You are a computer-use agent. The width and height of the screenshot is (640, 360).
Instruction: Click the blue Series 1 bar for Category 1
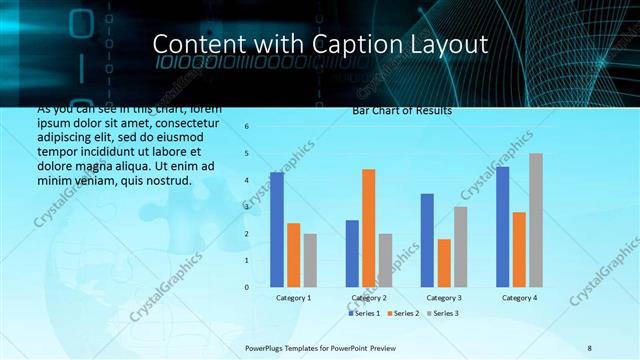[x=277, y=229]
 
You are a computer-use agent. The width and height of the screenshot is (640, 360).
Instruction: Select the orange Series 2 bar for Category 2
[x=368, y=228]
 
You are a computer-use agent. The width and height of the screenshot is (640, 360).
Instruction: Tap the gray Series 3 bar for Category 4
[x=536, y=220]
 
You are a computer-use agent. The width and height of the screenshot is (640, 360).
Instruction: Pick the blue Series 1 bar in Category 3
[x=427, y=240]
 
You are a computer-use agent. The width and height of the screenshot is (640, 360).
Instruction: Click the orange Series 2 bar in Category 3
[x=443, y=263]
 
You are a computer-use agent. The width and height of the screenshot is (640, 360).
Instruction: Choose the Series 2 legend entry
[x=402, y=313]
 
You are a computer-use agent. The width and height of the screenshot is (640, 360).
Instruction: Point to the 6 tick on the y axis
[x=246, y=127]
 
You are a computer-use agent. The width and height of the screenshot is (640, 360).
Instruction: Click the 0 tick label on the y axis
[x=246, y=287]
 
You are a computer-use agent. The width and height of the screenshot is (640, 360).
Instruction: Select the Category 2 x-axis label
[x=368, y=298]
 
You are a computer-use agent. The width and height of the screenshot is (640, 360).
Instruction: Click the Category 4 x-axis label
[x=518, y=298]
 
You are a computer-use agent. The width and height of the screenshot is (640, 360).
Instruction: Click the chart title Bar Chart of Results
[x=402, y=110]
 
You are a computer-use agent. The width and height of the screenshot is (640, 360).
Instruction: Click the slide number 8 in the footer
[x=590, y=346]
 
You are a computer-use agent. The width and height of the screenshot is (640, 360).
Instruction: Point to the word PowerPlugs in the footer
[x=267, y=346]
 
